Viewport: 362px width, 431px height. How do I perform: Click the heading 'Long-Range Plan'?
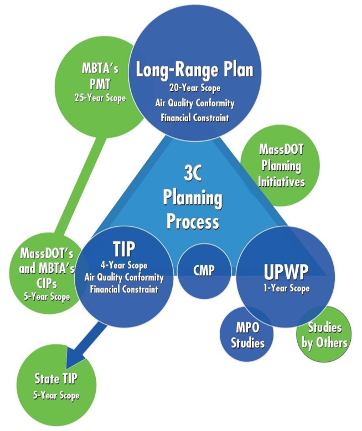194,70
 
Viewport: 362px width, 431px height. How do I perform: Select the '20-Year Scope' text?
194,87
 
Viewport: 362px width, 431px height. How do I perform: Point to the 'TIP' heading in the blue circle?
123,249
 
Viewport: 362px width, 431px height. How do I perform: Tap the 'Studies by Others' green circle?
324,335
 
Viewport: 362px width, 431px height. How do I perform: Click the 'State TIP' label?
56,379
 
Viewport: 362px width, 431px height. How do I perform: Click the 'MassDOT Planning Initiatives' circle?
281,165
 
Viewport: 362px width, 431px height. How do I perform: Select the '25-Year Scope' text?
100,97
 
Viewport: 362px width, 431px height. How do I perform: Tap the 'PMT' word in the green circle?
100,84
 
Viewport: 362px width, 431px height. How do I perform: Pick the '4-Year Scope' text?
123,265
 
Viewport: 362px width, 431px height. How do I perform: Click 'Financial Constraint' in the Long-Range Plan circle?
194,117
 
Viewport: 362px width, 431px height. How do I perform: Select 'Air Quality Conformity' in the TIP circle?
123,277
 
